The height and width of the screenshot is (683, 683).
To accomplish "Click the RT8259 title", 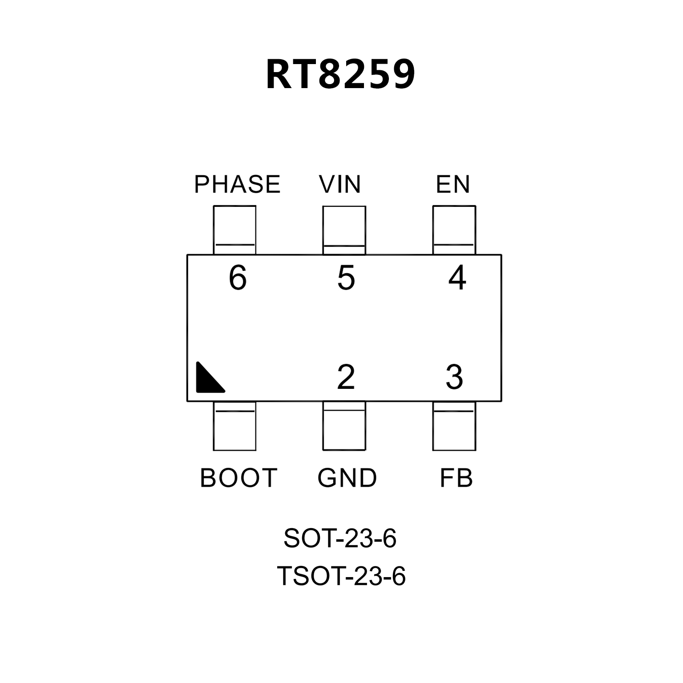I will tap(341, 75).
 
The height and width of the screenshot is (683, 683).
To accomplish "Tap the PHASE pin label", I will tap(238, 185).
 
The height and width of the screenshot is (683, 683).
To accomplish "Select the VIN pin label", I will tap(340, 185).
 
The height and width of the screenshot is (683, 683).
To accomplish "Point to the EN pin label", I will tap(453, 185).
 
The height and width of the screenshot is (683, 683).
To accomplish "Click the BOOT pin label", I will tap(238, 478).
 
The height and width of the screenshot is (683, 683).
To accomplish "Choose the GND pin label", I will tap(347, 478).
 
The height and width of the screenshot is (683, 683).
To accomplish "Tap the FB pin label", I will tap(456, 478).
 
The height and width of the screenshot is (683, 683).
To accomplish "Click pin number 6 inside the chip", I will tap(238, 278).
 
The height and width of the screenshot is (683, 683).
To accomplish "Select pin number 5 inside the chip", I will tap(346, 278).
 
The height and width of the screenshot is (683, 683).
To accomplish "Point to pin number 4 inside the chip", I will tap(457, 278).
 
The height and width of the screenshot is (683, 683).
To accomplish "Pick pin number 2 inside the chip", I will tap(346, 377).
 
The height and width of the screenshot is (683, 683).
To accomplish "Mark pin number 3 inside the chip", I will tap(454, 377).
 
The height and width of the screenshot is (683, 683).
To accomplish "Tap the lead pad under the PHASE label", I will tap(234, 230).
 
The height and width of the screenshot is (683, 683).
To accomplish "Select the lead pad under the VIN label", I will tap(344, 230).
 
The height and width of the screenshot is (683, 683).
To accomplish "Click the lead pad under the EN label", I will tap(454, 230).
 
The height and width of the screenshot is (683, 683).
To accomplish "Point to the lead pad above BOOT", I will tap(234, 426).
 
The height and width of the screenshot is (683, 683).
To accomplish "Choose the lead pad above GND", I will tap(344, 426).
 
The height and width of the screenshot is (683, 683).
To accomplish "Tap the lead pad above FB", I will tap(454, 426).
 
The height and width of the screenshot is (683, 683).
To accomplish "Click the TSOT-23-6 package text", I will tap(341, 576).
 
